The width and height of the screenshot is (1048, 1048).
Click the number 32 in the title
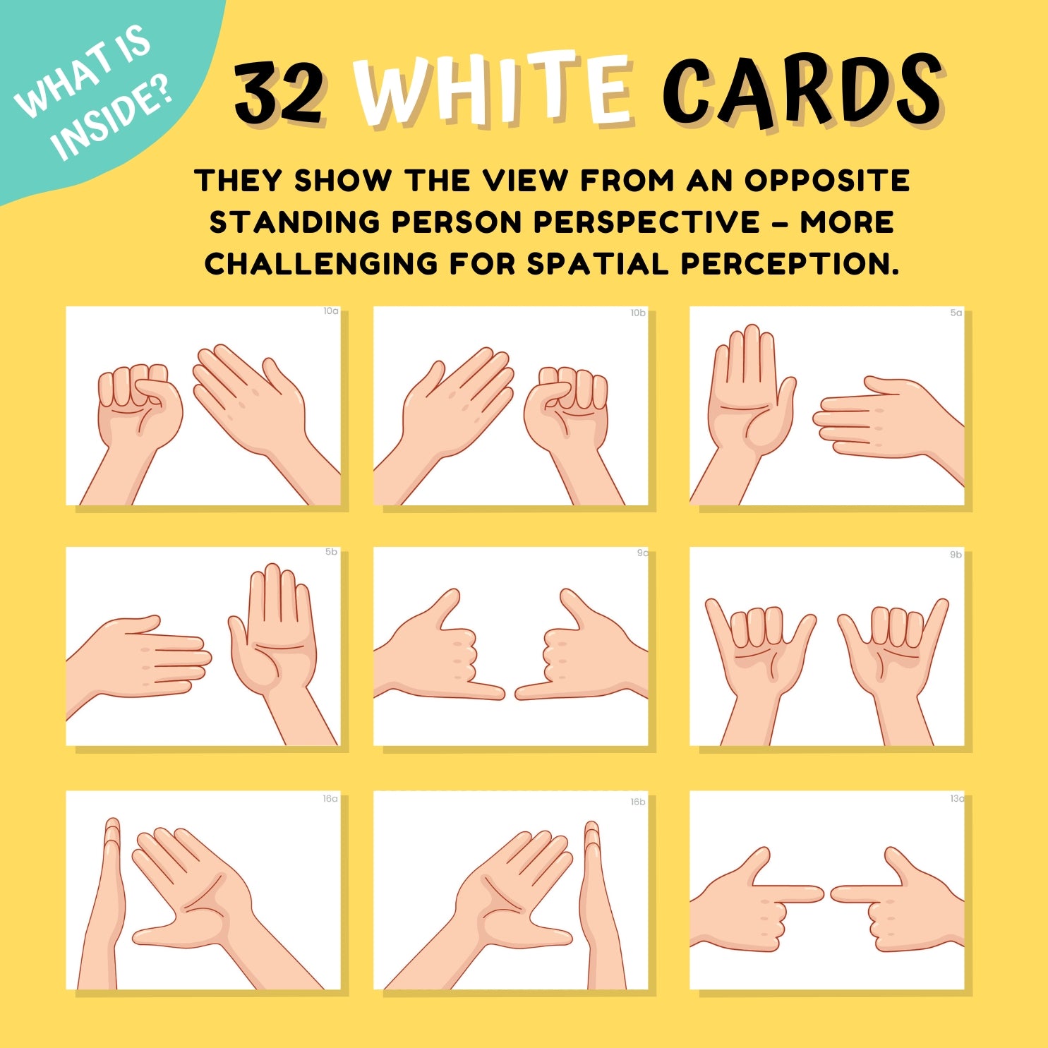(279, 92)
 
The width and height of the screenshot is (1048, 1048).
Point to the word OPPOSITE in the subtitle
(827, 181)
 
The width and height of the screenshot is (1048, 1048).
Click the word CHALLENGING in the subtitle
(321, 264)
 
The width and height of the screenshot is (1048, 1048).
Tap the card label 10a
(331, 311)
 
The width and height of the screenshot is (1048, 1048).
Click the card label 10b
(638, 313)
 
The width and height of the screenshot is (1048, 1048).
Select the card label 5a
(956, 313)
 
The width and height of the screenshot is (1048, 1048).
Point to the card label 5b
(331, 552)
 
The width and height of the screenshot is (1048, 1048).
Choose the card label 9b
(956, 555)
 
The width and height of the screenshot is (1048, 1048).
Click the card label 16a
(330, 799)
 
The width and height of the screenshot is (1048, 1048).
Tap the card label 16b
(638, 802)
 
